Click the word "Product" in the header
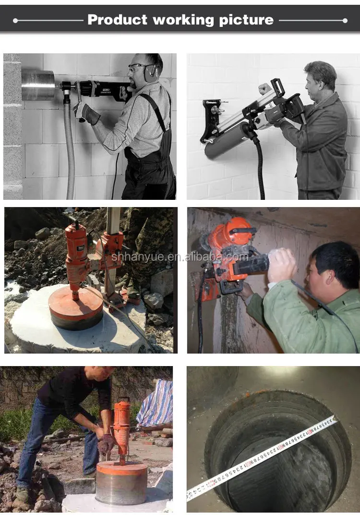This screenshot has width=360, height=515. (117, 20)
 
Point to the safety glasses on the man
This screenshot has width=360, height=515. (137, 66)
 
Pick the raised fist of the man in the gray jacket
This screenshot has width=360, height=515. (264, 89)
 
